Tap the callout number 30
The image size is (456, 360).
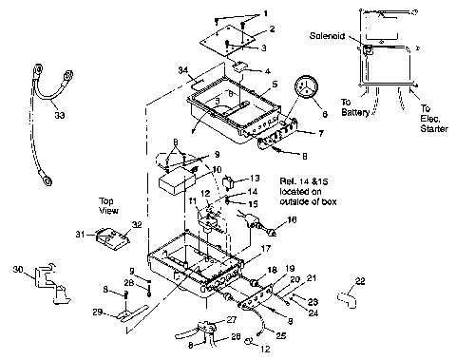pos(17,270)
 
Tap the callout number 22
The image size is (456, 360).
pos(359,281)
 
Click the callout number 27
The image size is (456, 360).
pos(232,318)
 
